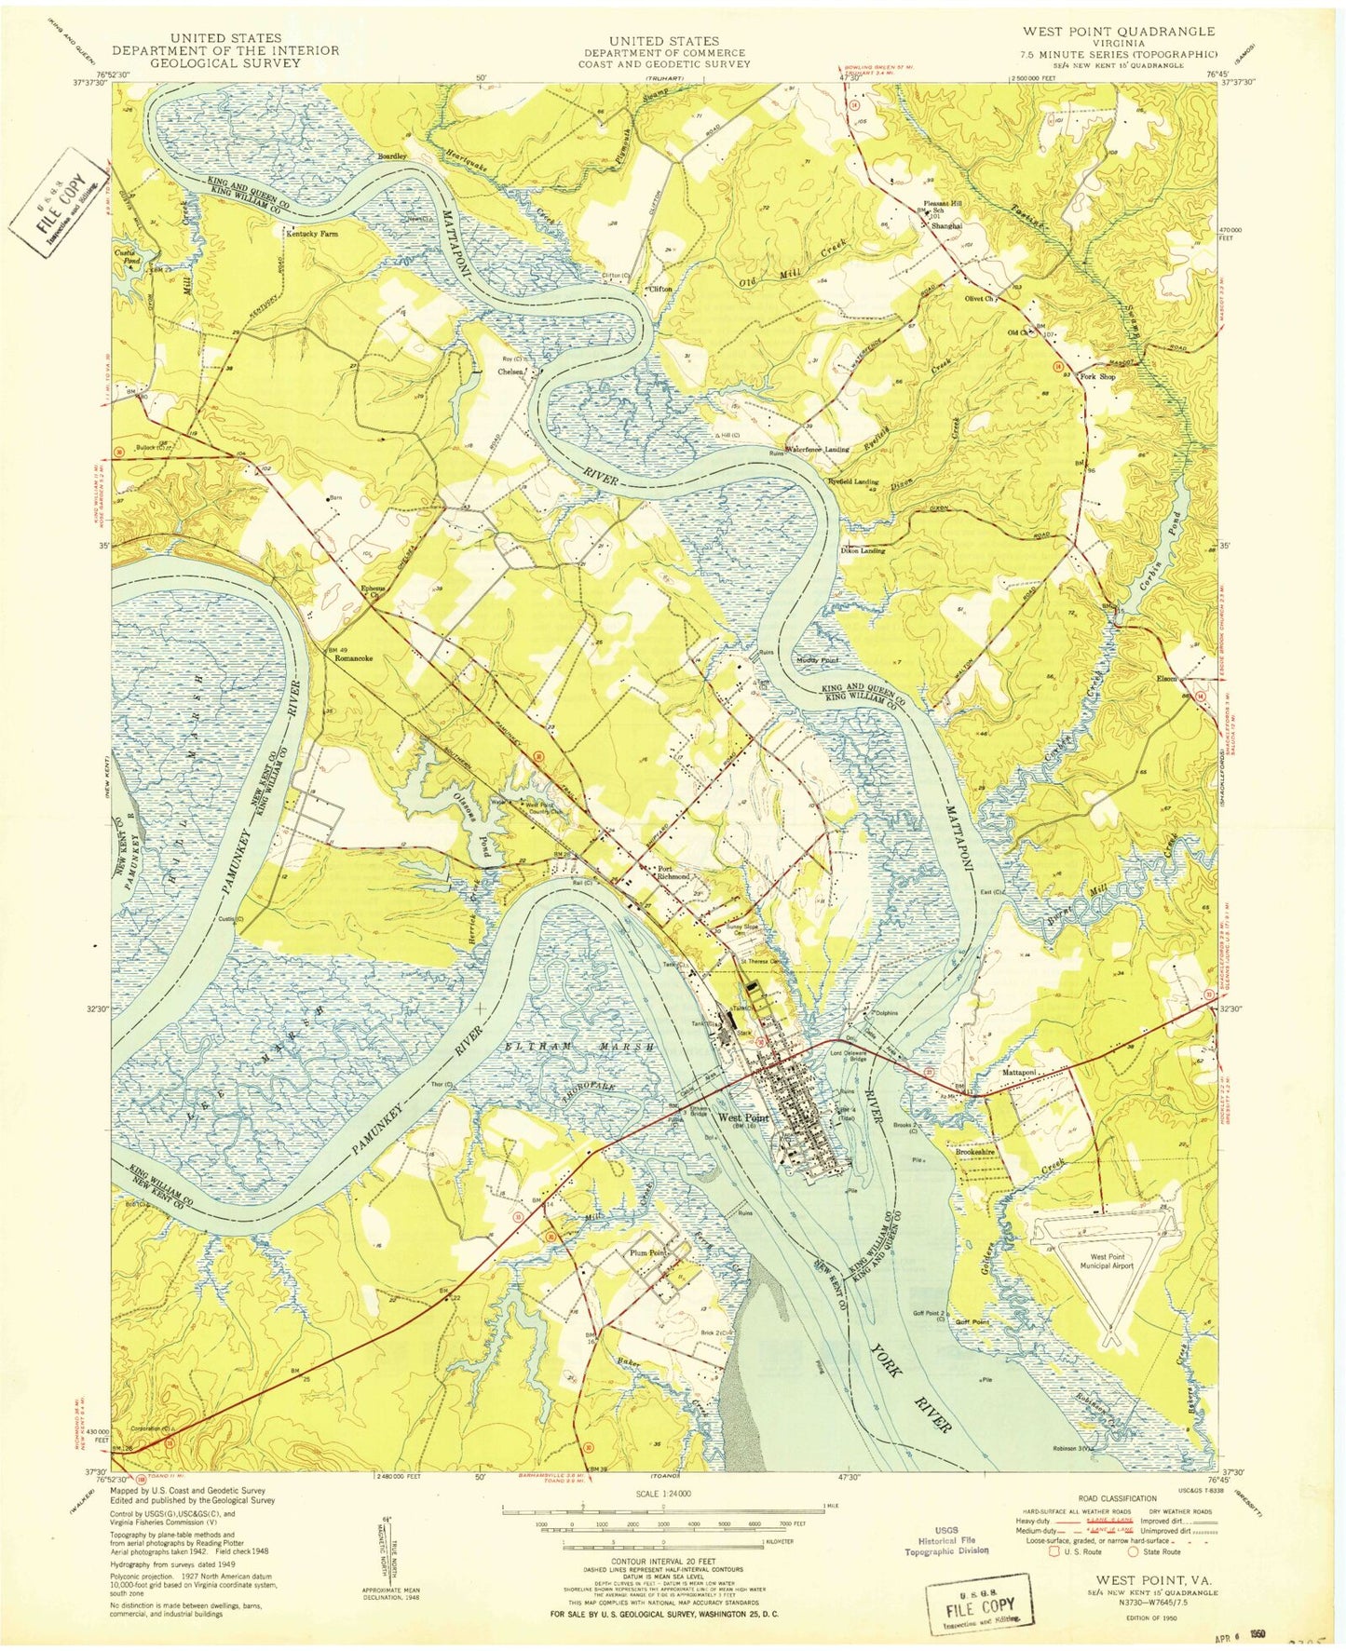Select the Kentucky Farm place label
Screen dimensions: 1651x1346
click(312, 235)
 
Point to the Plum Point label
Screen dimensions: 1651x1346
click(648, 1252)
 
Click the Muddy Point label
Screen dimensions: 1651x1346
click(816, 659)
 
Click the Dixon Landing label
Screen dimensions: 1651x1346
click(863, 550)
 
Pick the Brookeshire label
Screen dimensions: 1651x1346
click(977, 1151)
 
